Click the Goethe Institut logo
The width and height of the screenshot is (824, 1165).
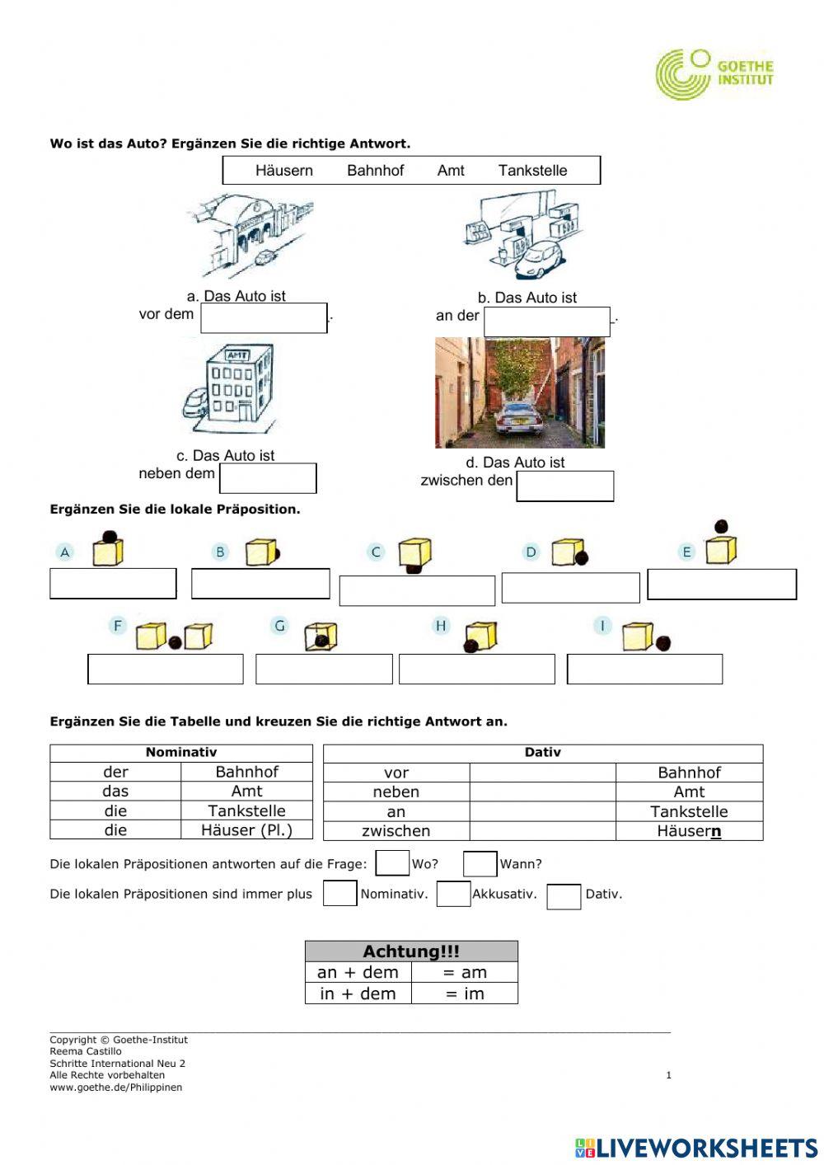click(714, 73)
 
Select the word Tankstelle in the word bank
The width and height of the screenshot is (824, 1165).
click(532, 171)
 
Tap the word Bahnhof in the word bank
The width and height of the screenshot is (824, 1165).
click(376, 171)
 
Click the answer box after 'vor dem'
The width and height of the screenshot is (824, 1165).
click(264, 318)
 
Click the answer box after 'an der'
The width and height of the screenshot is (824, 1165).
click(546, 322)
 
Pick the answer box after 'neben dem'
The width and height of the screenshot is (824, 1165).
click(268, 478)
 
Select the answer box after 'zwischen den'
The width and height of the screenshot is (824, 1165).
click(565, 486)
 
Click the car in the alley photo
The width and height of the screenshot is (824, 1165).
click(517, 418)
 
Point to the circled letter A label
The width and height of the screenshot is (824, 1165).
click(65, 552)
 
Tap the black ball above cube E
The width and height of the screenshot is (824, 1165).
click(721, 526)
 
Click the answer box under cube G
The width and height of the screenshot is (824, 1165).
click(324, 669)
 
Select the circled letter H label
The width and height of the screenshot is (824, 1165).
click(441, 626)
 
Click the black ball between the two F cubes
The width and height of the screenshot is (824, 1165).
click(175, 642)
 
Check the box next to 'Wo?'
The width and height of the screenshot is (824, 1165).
click(392, 863)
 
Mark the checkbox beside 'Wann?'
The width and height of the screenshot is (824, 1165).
click(480, 863)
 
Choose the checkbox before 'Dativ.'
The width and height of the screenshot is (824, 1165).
click(564, 896)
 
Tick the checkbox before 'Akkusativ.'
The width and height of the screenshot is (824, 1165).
click(453, 894)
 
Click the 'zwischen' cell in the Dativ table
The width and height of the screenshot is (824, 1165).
click(396, 831)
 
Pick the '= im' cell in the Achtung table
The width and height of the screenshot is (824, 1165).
click(465, 994)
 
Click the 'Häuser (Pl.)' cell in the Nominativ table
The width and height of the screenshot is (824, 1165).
click(246, 830)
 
